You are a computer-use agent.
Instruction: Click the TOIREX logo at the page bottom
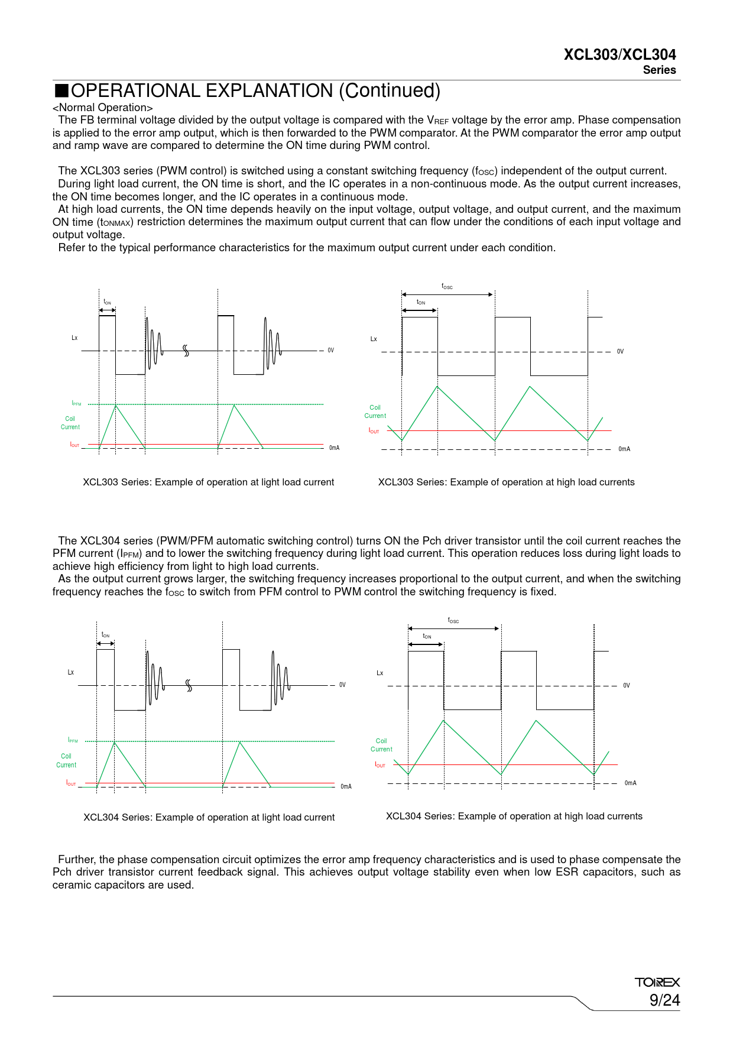point(657,982)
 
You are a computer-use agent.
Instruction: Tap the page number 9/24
point(664,1000)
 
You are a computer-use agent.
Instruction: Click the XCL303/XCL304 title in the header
point(620,55)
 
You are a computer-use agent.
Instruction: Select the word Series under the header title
point(659,70)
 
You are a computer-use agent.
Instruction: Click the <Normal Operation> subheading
point(103,108)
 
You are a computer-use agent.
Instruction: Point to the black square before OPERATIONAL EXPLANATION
point(61,91)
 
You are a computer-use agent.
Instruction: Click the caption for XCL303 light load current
point(208,482)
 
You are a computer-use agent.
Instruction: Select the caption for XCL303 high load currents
point(506,482)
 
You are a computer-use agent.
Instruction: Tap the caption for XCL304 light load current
point(209,818)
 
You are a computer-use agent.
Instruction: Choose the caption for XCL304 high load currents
point(514,816)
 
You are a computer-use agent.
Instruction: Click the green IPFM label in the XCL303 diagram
point(76,404)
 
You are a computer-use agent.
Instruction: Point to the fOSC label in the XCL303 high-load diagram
point(447,287)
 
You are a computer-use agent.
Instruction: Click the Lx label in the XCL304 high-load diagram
point(380,673)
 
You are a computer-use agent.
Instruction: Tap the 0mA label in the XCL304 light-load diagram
point(346,786)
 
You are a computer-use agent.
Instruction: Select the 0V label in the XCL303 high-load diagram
point(620,352)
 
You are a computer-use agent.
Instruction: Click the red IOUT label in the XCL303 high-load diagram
point(374,431)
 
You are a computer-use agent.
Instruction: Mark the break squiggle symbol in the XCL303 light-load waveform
point(186,351)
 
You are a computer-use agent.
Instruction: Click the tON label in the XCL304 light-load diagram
point(105,635)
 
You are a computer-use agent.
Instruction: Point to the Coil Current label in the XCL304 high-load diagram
point(381,745)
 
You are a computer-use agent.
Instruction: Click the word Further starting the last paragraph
point(76,860)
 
